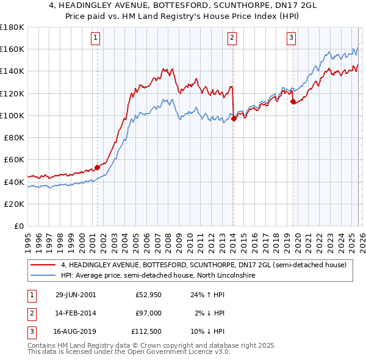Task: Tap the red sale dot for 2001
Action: (x=97, y=167)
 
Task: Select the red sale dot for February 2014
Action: (x=234, y=118)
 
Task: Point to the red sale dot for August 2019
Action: (x=293, y=101)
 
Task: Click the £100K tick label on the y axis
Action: (x=12, y=115)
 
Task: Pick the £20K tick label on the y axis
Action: (x=14, y=204)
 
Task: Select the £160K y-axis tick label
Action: (x=12, y=49)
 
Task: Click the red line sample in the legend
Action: (x=43, y=265)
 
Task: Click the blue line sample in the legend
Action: (x=43, y=276)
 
